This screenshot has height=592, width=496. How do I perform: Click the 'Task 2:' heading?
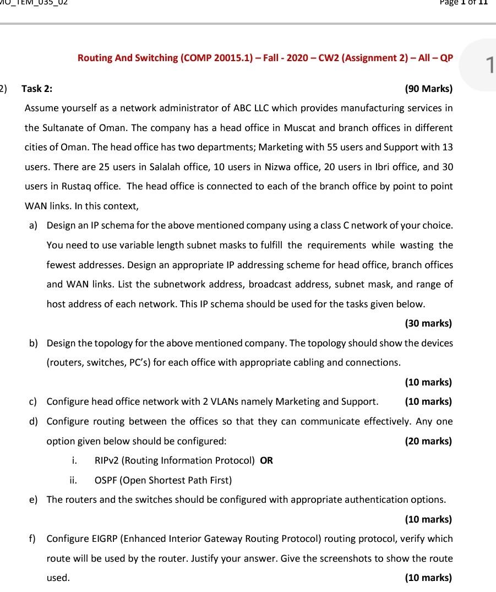click(x=37, y=88)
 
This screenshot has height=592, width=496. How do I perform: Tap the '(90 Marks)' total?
click(x=428, y=88)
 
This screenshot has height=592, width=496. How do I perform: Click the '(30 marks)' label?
click(x=428, y=323)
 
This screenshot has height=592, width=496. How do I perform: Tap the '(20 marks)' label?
click(x=428, y=441)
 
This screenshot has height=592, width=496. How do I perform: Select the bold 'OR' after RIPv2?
click(x=266, y=460)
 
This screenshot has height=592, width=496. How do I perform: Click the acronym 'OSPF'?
click(x=107, y=480)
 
